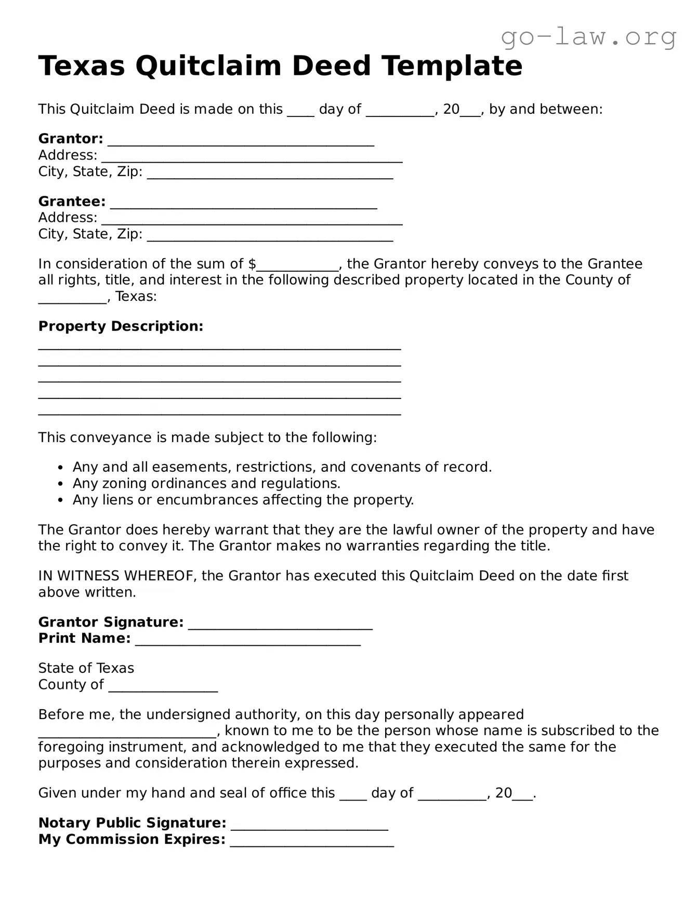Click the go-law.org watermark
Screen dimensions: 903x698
tap(588, 37)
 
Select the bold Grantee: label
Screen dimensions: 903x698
tap(72, 202)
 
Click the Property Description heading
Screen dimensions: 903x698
tap(121, 326)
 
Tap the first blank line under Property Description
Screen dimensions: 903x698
tap(219, 346)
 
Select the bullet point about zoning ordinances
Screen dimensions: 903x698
tap(206, 484)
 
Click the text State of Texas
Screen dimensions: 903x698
tap(86, 668)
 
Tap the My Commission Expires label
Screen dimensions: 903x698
tap(132, 840)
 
